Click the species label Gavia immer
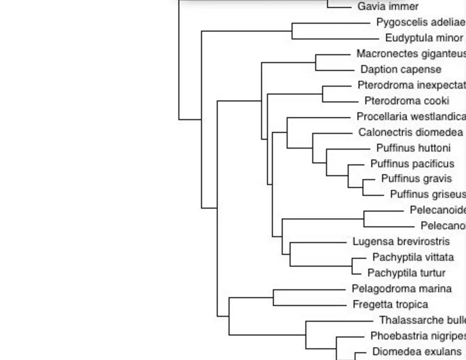point(388,7)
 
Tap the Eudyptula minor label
point(424,38)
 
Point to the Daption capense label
point(401,69)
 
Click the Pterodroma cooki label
point(406,101)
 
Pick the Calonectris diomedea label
point(411,132)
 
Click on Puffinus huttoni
point(413,148)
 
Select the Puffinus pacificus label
point(412,164)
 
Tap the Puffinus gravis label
point(416,178)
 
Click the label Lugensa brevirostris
point(401,242)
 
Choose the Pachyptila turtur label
point(406,273)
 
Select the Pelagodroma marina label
point(401,289)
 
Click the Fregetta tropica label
point(390,305)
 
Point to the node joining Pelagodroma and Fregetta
point(273,298)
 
